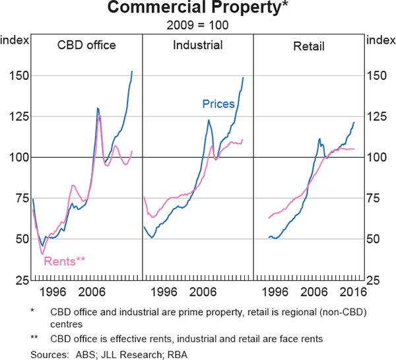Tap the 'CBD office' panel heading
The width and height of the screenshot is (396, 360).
[86, 46]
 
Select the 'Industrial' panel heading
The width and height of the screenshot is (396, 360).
[197, 46]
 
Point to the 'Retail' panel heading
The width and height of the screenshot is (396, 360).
[309, 46]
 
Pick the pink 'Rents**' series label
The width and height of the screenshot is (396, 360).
[65, 261]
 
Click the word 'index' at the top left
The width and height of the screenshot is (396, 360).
[15, 40]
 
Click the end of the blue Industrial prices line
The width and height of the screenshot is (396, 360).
[244, 78]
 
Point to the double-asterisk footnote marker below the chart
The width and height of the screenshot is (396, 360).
[34, 339]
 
